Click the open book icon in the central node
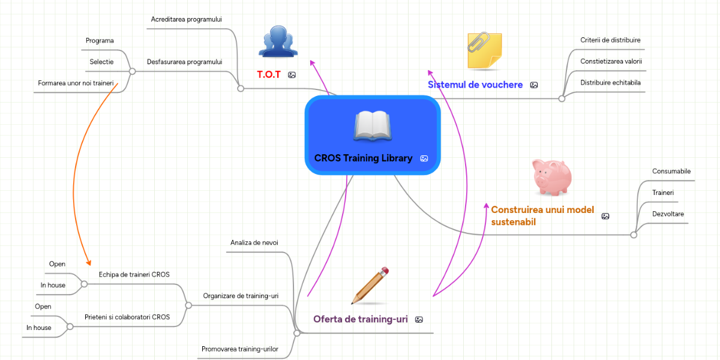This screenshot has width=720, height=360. click(373, 125)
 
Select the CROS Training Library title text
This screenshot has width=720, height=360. click(363, 158)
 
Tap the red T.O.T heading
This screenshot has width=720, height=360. click(269, 74)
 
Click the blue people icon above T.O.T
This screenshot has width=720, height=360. click(278, 41)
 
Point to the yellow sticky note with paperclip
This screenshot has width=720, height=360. click(484, 50)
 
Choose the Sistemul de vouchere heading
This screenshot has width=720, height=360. click(475, 85)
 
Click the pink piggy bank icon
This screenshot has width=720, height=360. click(551, 177)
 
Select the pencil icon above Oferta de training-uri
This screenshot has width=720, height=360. click(370, 286)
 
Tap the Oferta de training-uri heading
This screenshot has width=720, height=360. click(361, 319)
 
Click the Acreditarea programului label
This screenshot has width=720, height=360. click(187, 19)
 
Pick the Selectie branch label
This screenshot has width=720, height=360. click(101, 62)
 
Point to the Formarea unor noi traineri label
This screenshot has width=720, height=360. click(76, 83)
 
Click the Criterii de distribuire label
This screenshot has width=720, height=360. click(606, 40)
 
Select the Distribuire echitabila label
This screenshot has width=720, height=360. click(607, 82)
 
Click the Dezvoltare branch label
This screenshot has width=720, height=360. click(668, 214)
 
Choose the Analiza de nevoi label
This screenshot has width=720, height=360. click(254, 242)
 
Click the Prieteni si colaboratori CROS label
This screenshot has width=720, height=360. click(127, 317)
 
